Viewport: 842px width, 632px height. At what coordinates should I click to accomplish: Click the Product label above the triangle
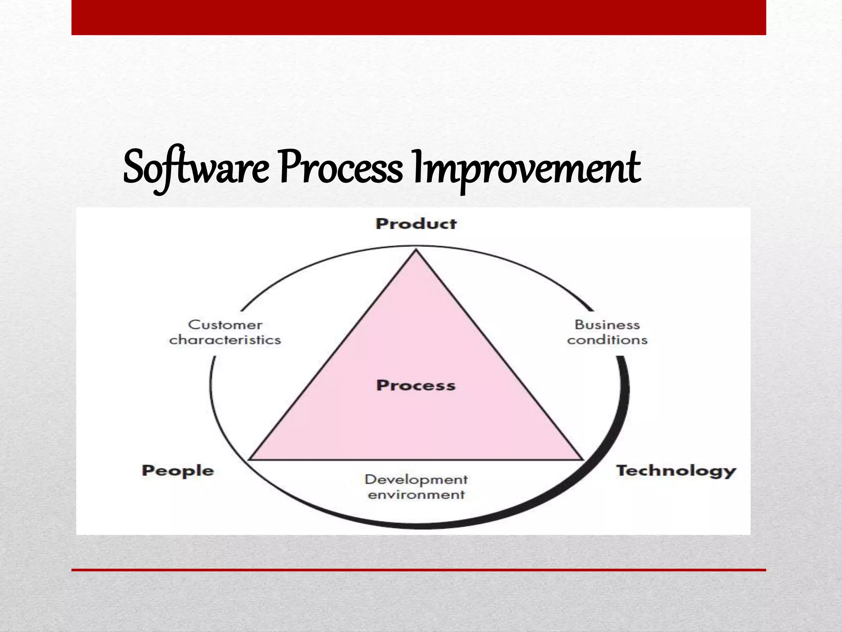(416, 224)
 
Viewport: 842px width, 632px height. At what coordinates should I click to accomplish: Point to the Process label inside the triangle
(416, 386)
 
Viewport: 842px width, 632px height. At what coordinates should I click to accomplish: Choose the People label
(178, 470)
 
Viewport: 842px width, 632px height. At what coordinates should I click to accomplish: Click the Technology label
(676, 470)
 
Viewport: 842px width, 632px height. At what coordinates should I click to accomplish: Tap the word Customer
(225, 325)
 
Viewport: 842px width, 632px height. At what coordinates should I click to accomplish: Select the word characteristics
(225, 340)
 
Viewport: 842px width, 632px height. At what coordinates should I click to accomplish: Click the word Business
(607, 325)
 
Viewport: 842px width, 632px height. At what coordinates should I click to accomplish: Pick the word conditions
(607, 340)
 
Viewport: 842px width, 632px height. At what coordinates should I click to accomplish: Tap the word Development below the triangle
(416, 479)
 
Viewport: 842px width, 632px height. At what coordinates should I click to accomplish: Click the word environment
(416, 495)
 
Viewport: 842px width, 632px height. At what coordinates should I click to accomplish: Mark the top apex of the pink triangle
(416, 251)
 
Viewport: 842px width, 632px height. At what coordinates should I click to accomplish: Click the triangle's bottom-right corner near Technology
(582, 459)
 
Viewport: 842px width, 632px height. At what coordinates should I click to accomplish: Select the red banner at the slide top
(419, 17)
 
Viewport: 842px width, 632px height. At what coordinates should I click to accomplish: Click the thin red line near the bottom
(419, 570)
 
